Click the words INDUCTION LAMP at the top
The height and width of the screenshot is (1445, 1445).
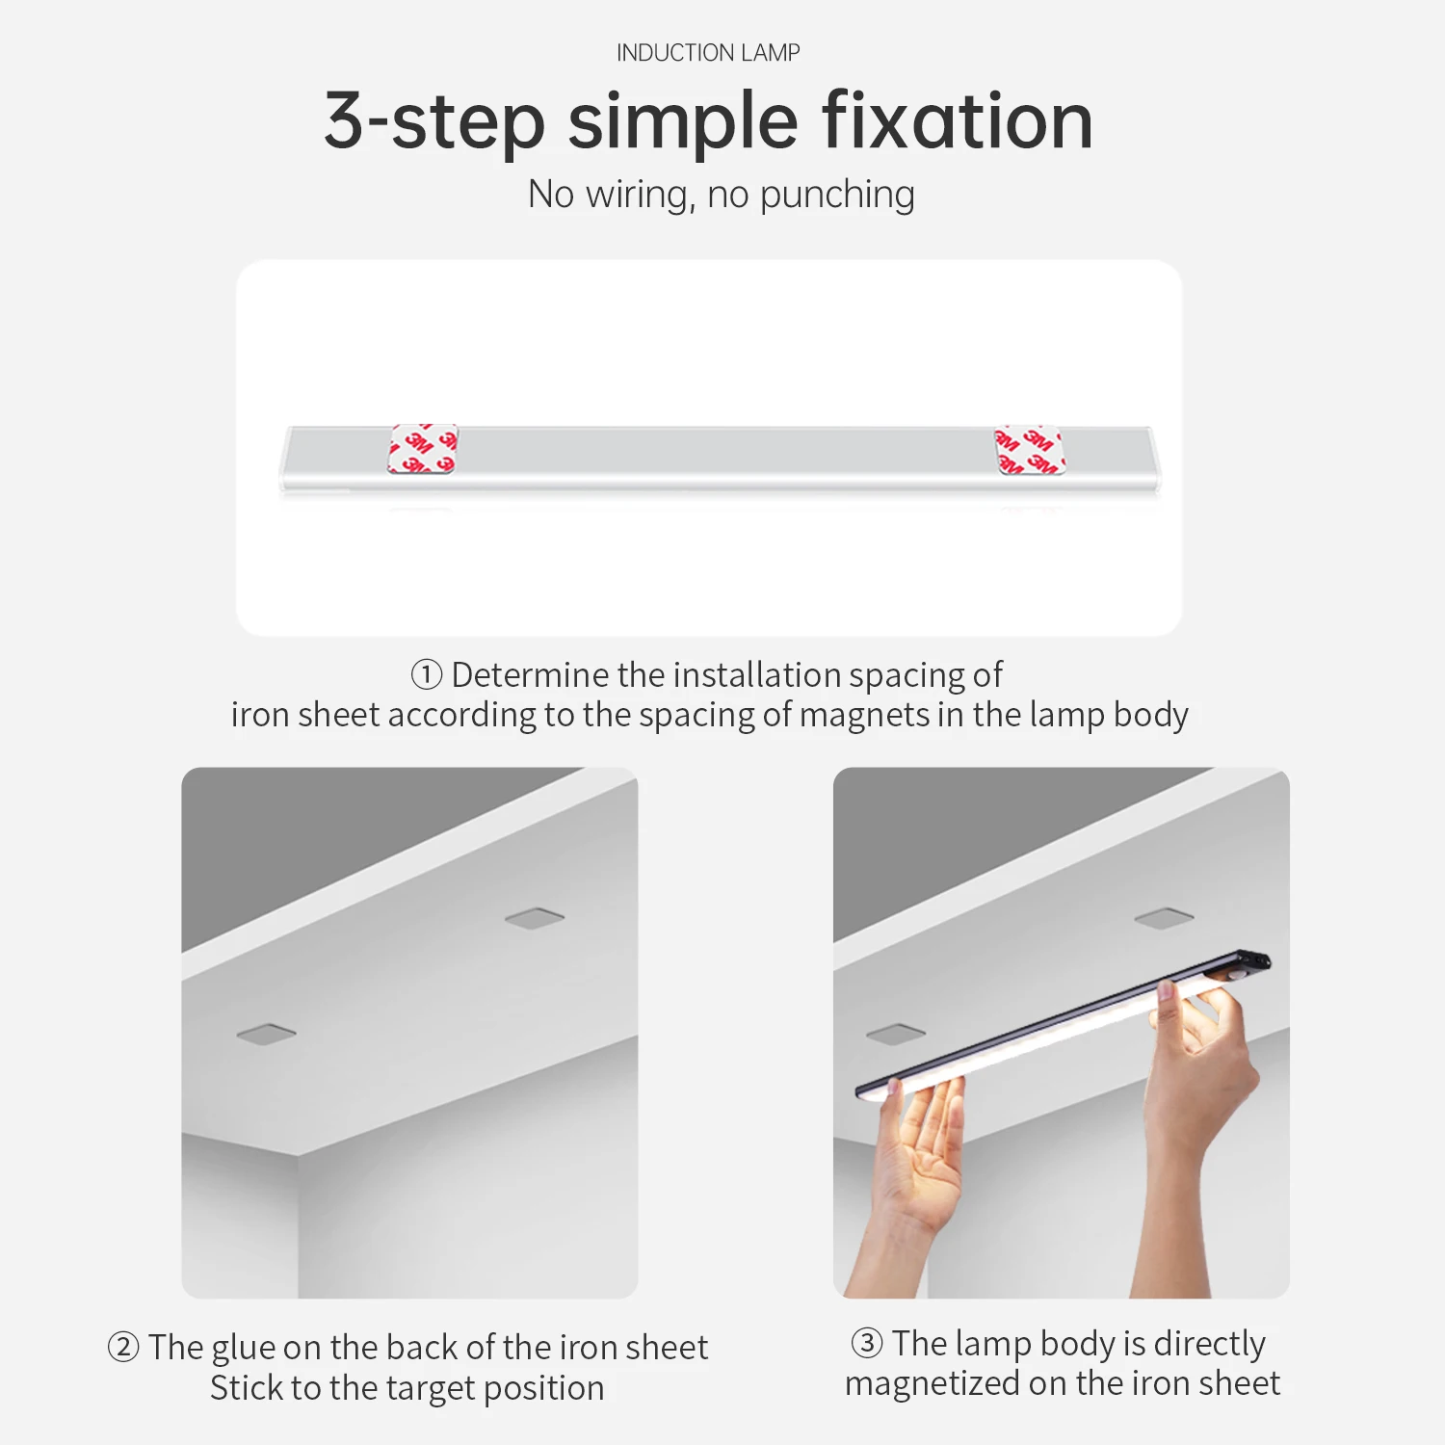coord(708,53)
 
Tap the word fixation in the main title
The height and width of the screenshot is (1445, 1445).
coord(958,120)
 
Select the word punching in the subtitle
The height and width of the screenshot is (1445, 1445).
coord(837,196)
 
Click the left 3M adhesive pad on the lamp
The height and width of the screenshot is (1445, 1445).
coord(423,449)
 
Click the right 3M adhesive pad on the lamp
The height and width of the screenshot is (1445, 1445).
coord(1030,450)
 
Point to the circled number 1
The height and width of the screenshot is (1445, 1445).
coord(427,674)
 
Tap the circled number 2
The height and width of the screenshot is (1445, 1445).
coord(123,1347)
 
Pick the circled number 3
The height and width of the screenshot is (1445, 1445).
coord(867,1342)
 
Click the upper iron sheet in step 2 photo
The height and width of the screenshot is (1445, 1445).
coord(535,917)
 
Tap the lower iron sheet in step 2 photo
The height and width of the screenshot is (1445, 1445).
coord(267,1035)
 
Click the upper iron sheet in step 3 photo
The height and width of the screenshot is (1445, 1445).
coord(1165,917)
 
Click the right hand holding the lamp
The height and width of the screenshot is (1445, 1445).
coord(1199,1108)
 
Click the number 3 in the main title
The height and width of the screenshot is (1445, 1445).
coord(345,120)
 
